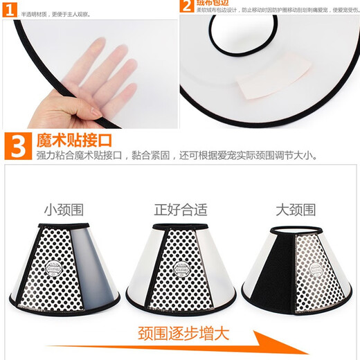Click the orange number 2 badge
pyautogui.click(x=186, y=6)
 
